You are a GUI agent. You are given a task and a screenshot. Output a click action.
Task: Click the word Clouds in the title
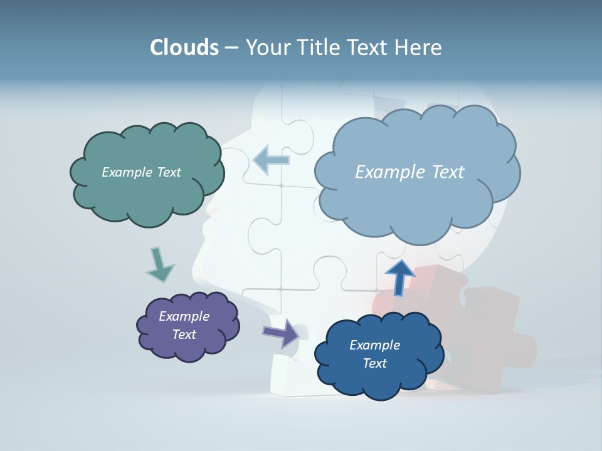tap(184, 48)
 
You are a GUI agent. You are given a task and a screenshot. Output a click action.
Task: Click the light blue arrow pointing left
tap(271, 160)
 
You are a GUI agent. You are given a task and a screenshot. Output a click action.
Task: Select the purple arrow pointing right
tap(282, 333)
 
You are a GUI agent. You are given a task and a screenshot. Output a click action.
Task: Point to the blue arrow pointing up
tap(399, 276)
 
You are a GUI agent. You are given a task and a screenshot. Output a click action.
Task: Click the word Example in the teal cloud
tap(125, 172)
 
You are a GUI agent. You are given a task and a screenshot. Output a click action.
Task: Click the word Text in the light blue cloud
tap(443, 172)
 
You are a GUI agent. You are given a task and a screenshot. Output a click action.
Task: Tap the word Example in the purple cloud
tap(184, 316)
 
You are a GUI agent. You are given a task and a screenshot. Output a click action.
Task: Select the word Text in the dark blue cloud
tap(374, 363)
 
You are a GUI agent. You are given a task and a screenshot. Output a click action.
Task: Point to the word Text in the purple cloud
tap(184, 334)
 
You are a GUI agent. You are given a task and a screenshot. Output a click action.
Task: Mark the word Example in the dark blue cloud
tap(374, 345)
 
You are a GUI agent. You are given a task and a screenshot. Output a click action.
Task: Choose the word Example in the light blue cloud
tap(388, 172)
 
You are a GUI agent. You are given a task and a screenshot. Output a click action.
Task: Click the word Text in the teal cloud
tap(167, 172)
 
